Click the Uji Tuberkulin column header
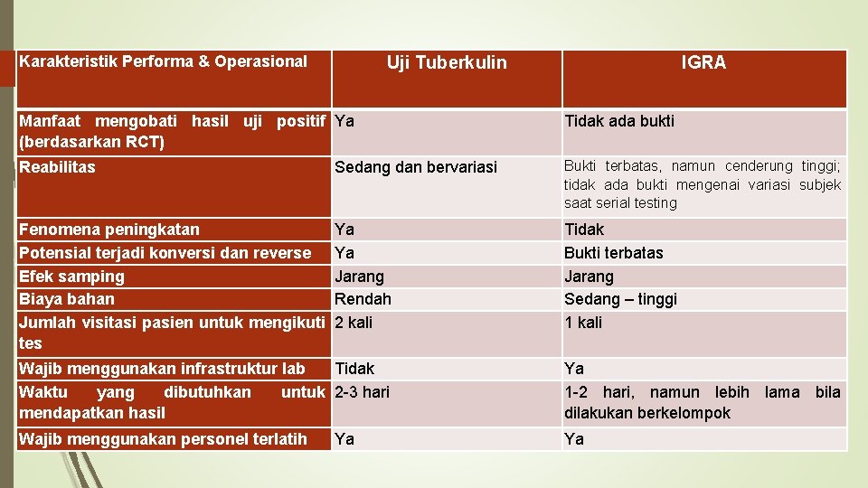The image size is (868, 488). pos(447,62)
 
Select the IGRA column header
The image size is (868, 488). pos(703,62)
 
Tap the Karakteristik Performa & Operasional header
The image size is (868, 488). pos(164,61)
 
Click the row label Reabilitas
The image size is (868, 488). pos(57,166)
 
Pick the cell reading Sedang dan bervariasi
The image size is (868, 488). pos(415,167)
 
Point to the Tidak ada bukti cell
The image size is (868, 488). pos(619,121)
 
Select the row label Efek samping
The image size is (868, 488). pos(71,276)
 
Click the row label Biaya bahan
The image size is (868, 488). pos(67,299)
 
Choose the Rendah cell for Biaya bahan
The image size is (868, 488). pos(363,299)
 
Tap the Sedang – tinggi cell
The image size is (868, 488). pos(620,299)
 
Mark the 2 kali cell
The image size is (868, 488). pos(354,323)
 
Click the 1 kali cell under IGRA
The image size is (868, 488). pos(583,323)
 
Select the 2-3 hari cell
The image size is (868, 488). pos(362,392)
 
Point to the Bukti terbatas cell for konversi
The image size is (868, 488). pos(614,253)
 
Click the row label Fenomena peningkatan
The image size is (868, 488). pos(109,230)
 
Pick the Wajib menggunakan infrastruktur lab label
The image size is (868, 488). pos(162,369)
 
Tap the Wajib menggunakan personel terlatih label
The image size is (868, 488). pos(163,439)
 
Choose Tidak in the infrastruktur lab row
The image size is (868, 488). pos(354,369)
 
